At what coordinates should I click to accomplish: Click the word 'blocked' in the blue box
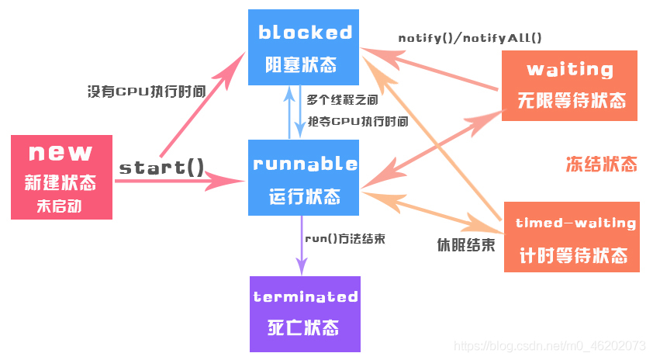(305, 33)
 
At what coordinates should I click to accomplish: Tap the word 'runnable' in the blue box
(305, 164)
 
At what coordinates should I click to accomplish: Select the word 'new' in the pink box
(60, 153)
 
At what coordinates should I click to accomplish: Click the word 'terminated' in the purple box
(305, 297)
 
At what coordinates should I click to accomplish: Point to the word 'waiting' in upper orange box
(570, 69)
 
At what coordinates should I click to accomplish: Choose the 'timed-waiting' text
(575, 223)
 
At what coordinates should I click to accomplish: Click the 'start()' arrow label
(161, 167)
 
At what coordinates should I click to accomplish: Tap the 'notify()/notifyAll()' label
(470, 37)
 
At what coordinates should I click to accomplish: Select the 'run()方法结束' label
(344, 238)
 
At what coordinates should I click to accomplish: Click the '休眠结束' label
(465, 245)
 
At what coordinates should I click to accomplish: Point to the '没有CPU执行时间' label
(147, 91)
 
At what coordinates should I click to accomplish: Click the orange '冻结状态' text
(601, 164)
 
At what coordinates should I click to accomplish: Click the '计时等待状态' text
(574, 255)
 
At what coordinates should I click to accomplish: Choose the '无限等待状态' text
(572, 101)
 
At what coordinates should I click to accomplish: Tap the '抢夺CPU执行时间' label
(358, 121)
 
